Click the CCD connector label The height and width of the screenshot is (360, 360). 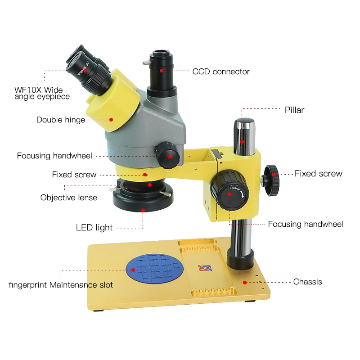pos(221,72)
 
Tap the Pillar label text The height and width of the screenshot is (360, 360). pos(294,110)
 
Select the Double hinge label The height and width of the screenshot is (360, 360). pos(61,120)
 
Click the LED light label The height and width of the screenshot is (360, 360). pos(94,228)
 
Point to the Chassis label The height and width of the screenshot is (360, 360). pos(307,282)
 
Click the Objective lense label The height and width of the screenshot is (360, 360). pos(68,198)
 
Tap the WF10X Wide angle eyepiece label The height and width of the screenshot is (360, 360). pos(42,94)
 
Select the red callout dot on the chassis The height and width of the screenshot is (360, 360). pos(245,283)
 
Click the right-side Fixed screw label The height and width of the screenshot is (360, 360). pos(318,174)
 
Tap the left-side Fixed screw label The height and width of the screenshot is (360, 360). pos(74,175)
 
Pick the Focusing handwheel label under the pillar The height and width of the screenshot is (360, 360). pos(305,224)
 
